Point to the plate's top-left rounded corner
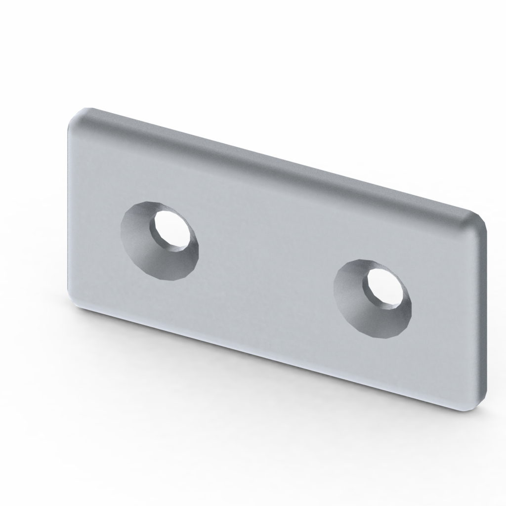79,116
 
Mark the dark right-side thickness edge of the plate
483,316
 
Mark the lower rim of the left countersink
170,278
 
